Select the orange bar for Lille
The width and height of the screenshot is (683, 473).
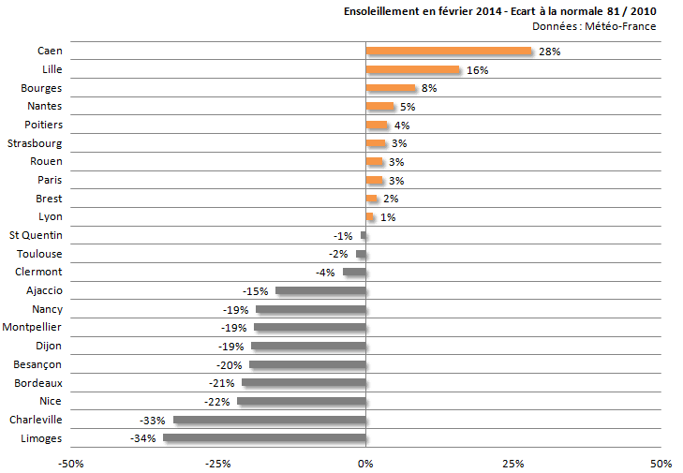coord(412,70)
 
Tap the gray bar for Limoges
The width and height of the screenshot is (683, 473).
coord(264,437)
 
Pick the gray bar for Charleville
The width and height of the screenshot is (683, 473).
coord(269,420)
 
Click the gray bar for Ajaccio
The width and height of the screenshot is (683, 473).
coord(320,291)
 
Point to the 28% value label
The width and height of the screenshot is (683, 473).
coord(549,52)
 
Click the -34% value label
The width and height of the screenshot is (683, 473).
coord(143,438)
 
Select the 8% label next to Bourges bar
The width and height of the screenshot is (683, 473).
coord(429,89)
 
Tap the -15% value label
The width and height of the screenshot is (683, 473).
coord(257,291)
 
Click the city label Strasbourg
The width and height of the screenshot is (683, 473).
coord(35,143)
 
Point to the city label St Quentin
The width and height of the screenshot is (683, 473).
coord(36,235)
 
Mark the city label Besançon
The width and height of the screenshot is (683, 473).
coord(37,364)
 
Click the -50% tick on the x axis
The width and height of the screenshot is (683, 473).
coord(70,464)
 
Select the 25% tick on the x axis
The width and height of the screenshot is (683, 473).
coord(512,464)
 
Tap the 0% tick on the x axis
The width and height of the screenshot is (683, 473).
coord(365,464)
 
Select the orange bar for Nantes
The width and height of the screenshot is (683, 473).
coord(379,107)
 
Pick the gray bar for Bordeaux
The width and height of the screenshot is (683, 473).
coord(304,383)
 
